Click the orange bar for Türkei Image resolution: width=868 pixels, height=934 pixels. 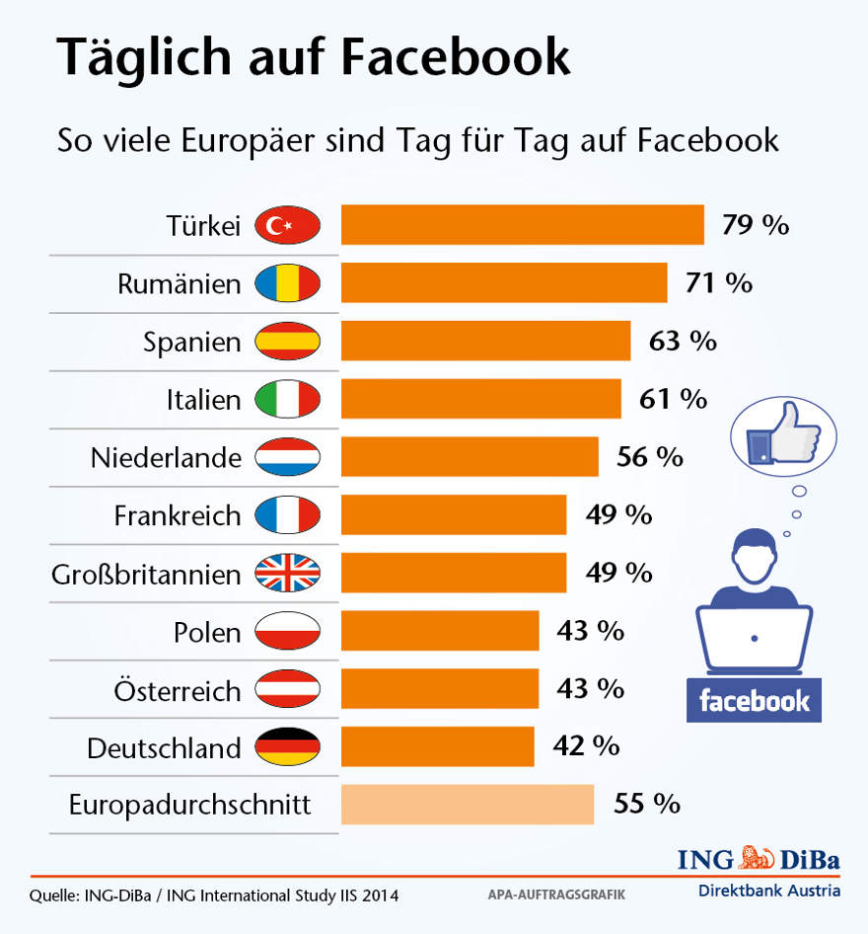(x=522, y=225)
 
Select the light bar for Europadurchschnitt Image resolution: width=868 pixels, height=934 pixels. (x=468, y=805)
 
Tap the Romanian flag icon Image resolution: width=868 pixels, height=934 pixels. (x=287, y=284)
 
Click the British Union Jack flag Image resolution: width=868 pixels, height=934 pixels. (x=287, y=573)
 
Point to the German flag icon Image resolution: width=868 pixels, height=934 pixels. (x=287, y=747)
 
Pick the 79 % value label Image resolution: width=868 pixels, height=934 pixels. (x=756, y=225)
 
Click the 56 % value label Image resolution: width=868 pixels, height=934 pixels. (x=649, y=457)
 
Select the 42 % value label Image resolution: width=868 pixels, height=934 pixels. (x=586, y=746)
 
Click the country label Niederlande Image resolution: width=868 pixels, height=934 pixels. (x=166, y=458)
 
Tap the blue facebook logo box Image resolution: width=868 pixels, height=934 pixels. (x=754, y=701)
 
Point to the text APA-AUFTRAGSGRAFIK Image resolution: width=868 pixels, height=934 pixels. (x=556, y=895)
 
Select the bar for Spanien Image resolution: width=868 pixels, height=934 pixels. (x=485, y=342)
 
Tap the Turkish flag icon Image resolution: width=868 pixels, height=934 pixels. (x=287, y=226)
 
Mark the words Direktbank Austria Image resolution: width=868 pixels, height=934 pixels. (x=769, y=890)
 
